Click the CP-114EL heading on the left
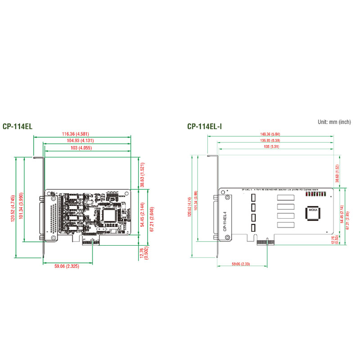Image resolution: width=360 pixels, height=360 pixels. point(18,127)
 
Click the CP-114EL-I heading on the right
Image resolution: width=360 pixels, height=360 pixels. point(205,127)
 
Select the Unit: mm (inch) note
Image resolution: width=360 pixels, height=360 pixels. point(334,121)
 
